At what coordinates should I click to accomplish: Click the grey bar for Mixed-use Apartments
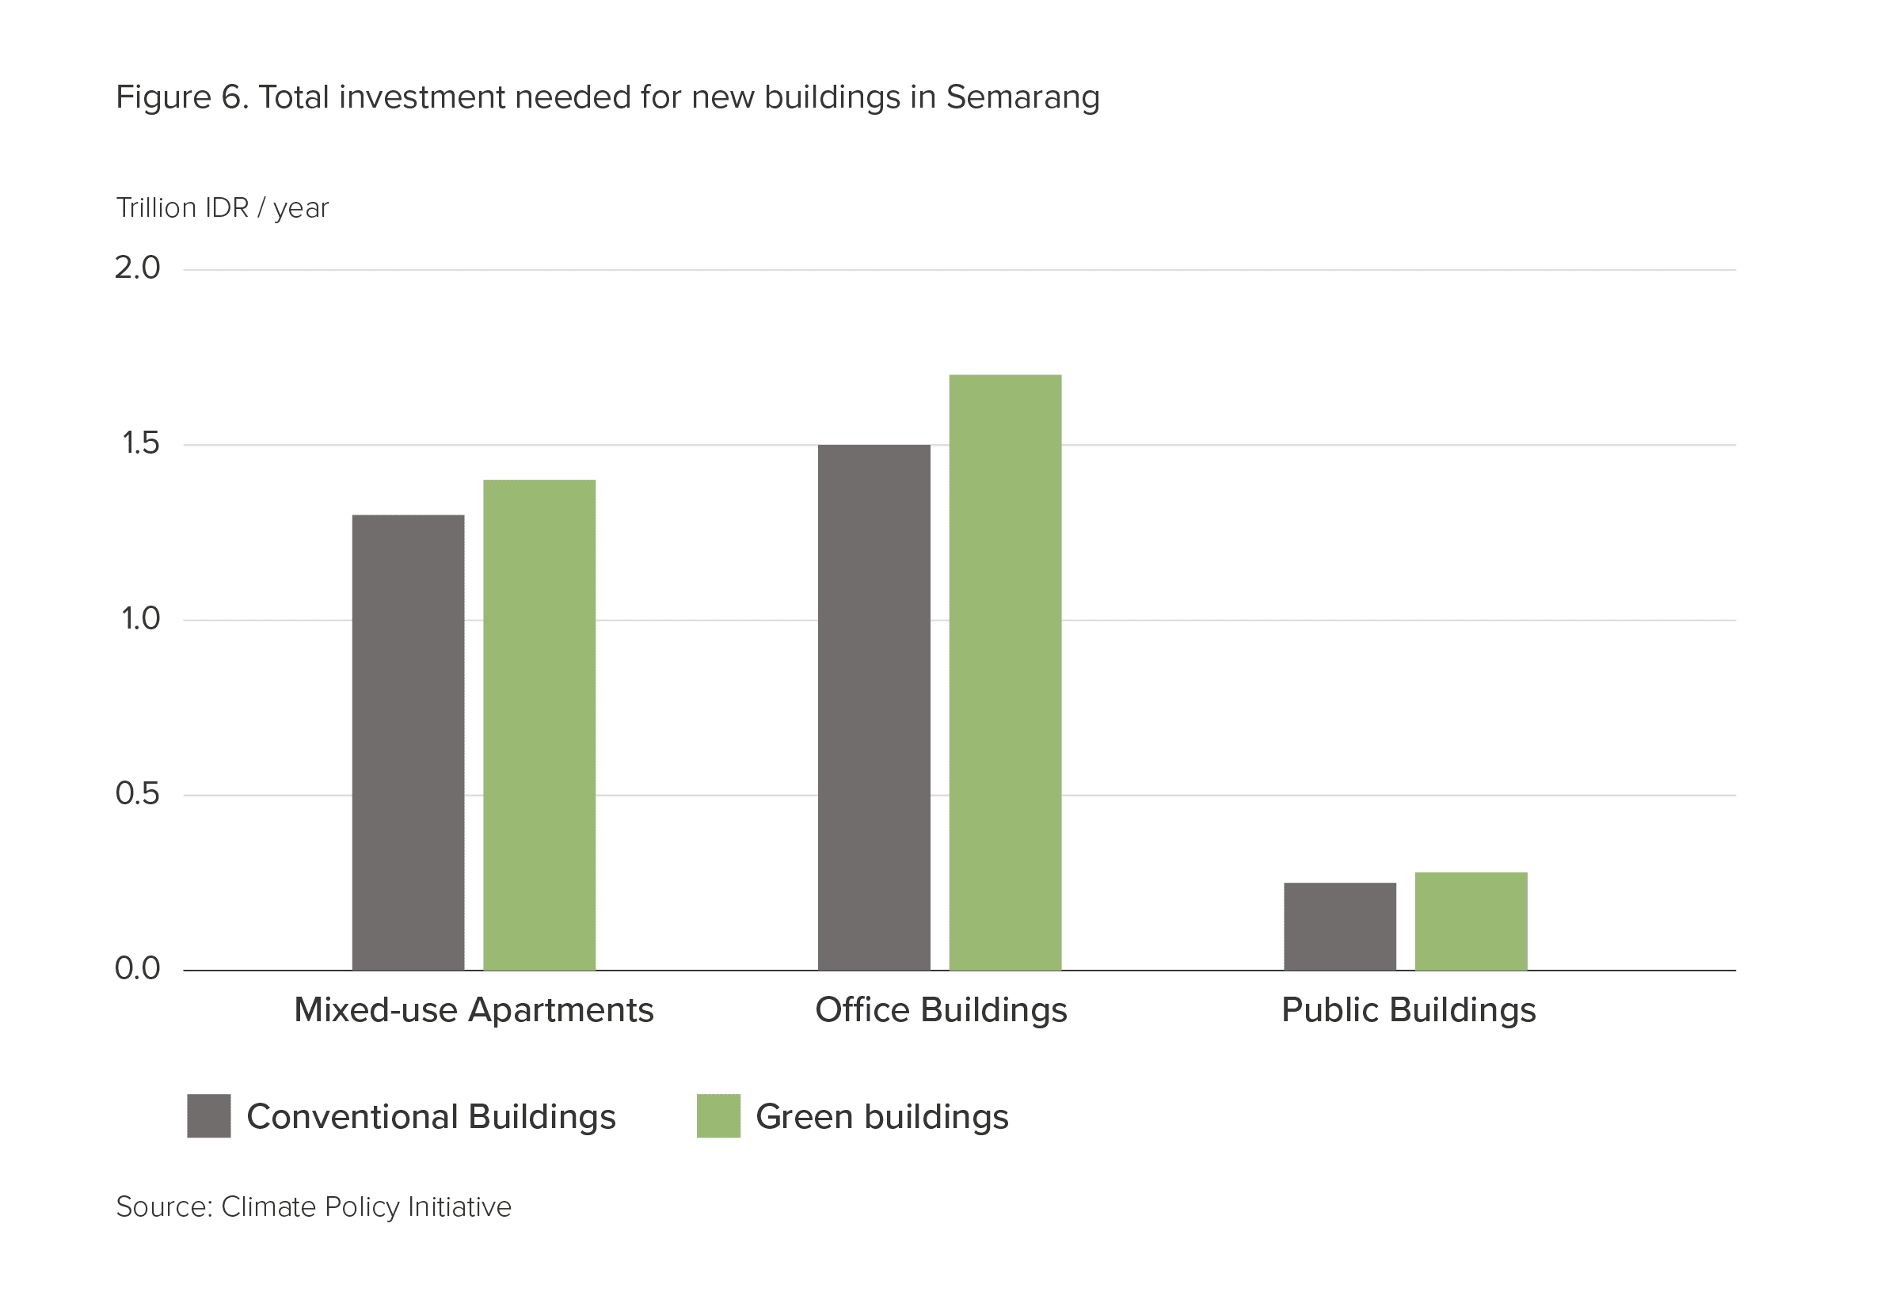pyautogui.click(x=408, y=743)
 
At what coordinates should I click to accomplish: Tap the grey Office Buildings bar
pyautogui.click(x=874, y=708)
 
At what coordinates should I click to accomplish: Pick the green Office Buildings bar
pyautogui.click(x=1005, y=672)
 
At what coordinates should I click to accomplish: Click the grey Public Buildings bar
pyautogui.click(x=1340, y=926)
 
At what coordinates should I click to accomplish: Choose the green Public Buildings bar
pyautogui.click(x=1471, y=921)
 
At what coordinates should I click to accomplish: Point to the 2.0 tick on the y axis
pyautogui.click(x=138, y=268)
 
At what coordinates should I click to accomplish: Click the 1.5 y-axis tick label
pyautogui.click(x=140, y=443)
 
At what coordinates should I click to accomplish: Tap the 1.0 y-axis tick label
pyautogui.click(x=140, y=618)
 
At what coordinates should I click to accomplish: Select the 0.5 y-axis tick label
pyautogui.click(x=138, y=793)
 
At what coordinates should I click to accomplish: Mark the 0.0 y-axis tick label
pyautogui.click(x=138, y=969)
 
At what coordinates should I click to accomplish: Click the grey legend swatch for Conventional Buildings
pyautogui.click(x=209, y=1115)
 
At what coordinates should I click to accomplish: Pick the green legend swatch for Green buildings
pyautogui.click(x=718, y=1115)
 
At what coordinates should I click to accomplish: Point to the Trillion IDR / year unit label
pyautogui.click(x=222, y=208)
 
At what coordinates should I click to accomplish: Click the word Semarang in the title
pyautogui.click(x=1023, y=98)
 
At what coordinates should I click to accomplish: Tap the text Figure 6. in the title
pyautogui.click(x=182, y=97)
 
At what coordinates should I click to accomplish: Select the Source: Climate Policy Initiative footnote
pyautogui.click(x=314, y=1208)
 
